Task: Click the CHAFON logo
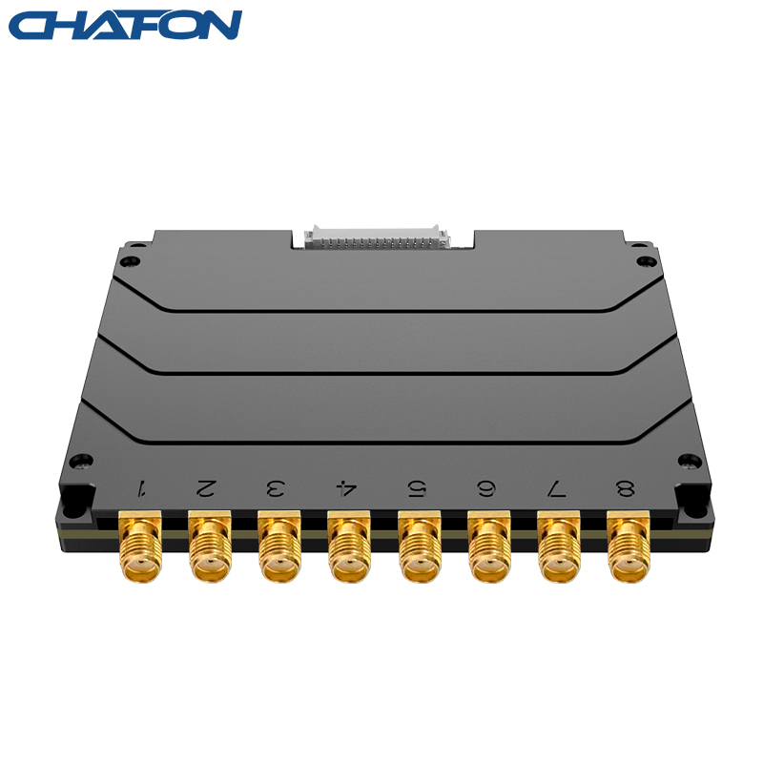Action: (125, 25)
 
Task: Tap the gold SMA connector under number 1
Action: (140, 546)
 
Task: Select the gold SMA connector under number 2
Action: (210, 546)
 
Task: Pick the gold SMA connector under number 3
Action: (279, 546)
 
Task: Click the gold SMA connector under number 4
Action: (349, 546)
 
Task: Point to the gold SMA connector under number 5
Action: (420, 546)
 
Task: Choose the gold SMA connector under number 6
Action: (489, 546)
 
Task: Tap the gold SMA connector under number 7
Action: (559, 546)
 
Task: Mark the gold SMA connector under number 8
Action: (629, 546)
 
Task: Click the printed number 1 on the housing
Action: (142, 488)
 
